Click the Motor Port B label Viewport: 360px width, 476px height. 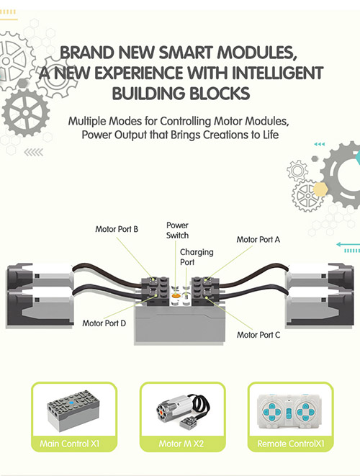pos(117,229)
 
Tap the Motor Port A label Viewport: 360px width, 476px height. pos(258,240)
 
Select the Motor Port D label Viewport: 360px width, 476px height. pos(104,323)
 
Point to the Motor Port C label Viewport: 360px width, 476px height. pos(258,335)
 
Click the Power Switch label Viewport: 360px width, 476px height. pos(177,230)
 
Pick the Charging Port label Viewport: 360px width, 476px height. pos(197,257)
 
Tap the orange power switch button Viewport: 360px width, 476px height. pos(176,295)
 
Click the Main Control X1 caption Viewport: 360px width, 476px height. pos(70,444)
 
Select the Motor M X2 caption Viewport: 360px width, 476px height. pos(181,444)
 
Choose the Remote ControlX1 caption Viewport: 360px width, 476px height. pos(291,444)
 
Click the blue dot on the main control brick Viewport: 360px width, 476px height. pos(71,403)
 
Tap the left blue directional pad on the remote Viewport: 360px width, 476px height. pos(273,412)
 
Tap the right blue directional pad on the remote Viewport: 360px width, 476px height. pos(305,412)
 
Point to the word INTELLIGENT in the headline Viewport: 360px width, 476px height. pos(277,73)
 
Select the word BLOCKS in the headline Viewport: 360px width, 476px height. pos(220,94)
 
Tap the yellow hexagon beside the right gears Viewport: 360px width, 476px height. pos(320,189)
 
